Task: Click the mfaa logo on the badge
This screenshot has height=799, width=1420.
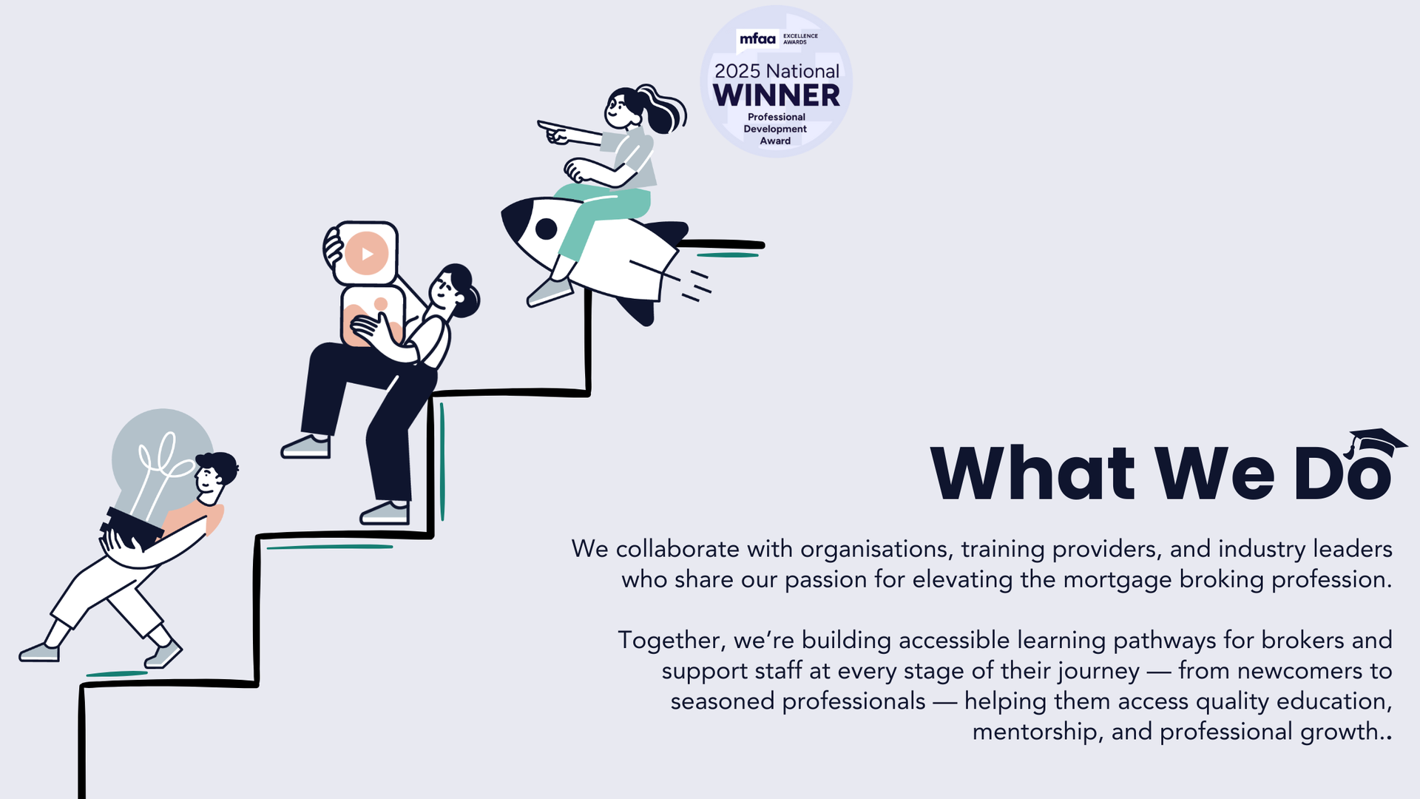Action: [x=757, y=38]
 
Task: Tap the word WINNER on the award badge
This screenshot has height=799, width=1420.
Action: [x=777, y=95]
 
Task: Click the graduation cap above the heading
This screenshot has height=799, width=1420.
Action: [x=1375, y=444]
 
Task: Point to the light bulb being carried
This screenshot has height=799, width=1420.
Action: [x=159, y=462]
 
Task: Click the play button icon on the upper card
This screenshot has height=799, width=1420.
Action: [x=367, y=254]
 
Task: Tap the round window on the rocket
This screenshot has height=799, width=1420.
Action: [x=546, y=229]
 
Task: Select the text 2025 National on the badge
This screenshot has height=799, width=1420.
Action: [x=777, y=71]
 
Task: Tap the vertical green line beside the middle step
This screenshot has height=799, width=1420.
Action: [x=442, y=462]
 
